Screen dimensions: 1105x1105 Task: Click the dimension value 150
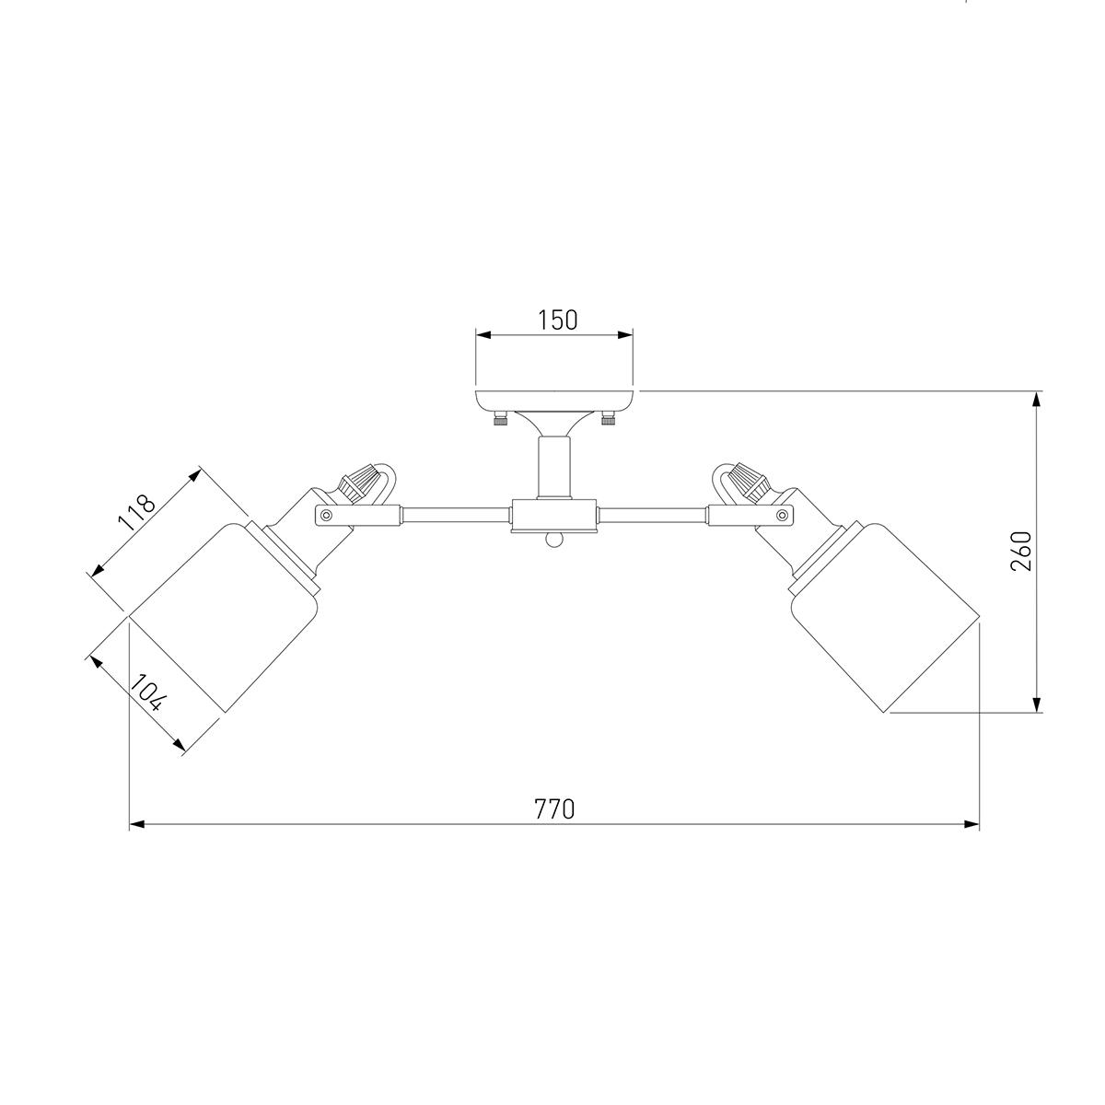557,320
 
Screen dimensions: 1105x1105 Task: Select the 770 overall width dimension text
554,809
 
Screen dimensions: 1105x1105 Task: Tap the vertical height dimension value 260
1020,551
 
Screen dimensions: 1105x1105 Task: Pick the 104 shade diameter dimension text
148,692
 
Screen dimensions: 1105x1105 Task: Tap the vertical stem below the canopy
554,467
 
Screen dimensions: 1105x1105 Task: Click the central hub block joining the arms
554,516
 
